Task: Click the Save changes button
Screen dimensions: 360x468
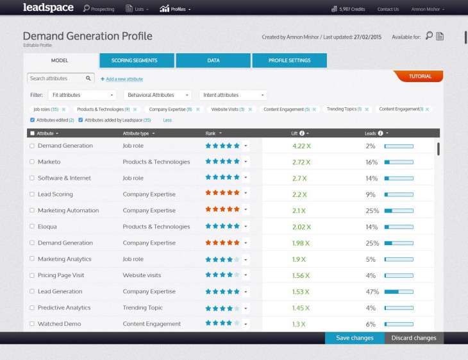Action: (355, 338)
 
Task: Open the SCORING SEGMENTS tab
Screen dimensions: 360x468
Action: (137, 60)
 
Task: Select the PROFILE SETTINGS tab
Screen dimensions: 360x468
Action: (289, 60)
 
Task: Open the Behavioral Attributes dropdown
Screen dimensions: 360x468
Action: (158, 95)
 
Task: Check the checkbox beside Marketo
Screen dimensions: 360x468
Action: (32, 162)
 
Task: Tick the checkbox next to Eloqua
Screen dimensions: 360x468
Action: (32, 227)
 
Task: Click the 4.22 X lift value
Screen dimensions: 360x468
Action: (301, 146)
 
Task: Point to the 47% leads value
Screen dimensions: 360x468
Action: (371, 291)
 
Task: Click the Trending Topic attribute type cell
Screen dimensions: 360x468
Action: (143, 307)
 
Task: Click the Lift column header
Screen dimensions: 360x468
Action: (296, 133)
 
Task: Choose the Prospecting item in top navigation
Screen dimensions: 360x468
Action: (99, 9)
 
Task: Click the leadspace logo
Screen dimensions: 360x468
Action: (48, 8)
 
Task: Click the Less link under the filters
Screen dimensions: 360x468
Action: (167, 120)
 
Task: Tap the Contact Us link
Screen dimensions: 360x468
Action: (388, 9)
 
